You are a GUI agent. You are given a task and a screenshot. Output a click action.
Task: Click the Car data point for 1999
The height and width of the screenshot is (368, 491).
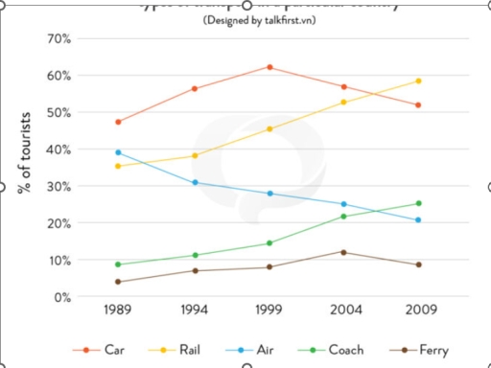coord(269,67)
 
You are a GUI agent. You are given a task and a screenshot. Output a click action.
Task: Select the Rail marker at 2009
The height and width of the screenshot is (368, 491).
coord(418,80)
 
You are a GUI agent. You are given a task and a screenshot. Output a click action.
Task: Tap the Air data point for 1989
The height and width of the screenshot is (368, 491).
coord(119,152)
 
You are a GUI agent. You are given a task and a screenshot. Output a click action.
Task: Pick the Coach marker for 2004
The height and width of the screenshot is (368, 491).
coord(344,216)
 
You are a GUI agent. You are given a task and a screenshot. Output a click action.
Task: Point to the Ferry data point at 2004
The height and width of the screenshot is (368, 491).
coord(344,252)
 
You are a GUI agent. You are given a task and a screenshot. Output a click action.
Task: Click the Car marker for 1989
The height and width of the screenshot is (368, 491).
coord(119,122)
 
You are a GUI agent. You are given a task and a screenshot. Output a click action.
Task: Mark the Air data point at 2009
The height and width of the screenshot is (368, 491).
coord(418,220)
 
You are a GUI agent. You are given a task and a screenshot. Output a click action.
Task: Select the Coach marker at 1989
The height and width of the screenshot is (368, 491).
coord(119,264)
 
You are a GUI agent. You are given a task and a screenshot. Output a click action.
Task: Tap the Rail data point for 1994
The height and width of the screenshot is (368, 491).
coord(195,155)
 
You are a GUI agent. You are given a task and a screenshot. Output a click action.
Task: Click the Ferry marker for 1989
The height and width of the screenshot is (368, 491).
coord(119,282)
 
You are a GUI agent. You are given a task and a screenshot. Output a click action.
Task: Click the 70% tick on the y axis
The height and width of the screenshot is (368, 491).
coord(58,39)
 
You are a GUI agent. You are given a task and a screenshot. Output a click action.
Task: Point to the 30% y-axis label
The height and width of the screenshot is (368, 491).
coord(58,187)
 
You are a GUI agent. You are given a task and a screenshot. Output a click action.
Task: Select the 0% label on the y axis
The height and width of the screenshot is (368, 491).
coord(61,297)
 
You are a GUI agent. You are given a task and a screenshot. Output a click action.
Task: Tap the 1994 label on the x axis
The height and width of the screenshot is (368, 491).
coord(195,311)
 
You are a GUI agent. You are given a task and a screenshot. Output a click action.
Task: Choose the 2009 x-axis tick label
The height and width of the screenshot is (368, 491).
coord(418,311)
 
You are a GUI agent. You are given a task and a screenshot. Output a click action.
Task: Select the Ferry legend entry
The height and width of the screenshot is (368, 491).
coord(423,350)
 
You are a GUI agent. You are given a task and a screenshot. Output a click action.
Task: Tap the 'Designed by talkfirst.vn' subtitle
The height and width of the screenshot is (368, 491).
coord(251,19)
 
